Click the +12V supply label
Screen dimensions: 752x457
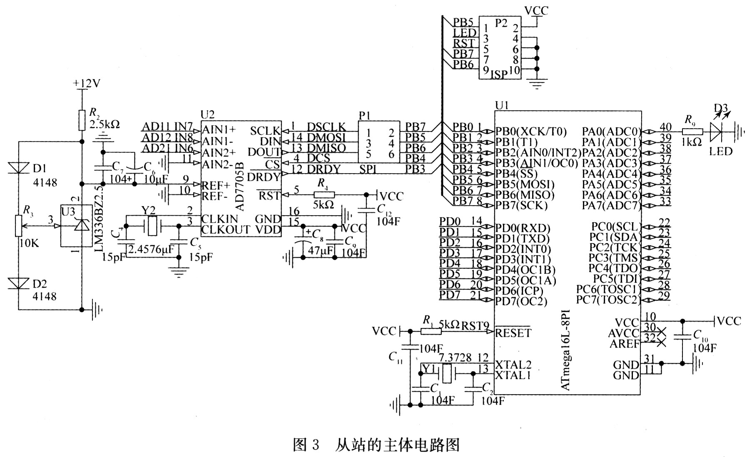[x=87, y=84]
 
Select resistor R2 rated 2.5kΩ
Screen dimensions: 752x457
[x=82, y=119]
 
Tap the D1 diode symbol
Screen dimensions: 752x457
[x=19, y=167]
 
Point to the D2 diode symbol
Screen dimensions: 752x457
[x=19, y=283]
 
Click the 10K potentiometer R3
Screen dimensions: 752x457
[x=19, y=226]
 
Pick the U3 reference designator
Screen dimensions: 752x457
[x=68, y=211]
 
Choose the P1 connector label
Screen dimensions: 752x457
[x=364, y=115]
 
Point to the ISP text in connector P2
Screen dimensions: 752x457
[x=499, y=74]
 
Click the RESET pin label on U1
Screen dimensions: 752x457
[x=513, y=333]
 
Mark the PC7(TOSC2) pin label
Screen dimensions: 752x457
[x=607, y=300]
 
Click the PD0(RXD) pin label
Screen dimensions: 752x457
[x=523, y=228]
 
